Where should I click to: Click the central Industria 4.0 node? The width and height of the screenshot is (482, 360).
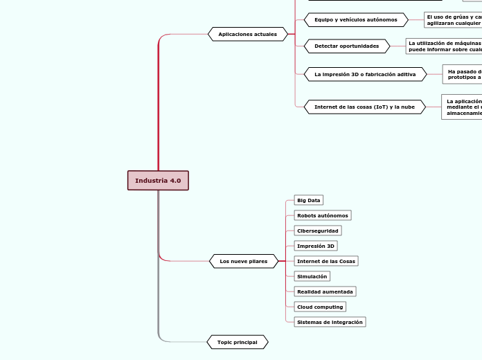(x=158, y=181)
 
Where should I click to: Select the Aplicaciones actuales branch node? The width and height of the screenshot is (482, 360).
(x=247, y=34)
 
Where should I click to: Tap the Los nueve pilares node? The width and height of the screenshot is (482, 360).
(x=243, y=261)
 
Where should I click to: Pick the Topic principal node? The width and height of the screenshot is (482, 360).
(x=237, y=342)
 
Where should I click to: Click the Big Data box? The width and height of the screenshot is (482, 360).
(x=308, y=200)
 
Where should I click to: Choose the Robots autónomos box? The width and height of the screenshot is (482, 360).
(x=322, y=215)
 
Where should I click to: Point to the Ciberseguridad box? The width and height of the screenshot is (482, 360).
(x=318, y=231)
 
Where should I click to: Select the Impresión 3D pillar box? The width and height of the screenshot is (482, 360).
(x=315, y=246)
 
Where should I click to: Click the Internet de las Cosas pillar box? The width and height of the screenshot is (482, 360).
(x=325, y=261)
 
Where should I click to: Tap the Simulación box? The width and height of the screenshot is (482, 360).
(x=312, y=276)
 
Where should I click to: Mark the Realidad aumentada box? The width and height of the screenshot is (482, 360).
(x=325, y=291)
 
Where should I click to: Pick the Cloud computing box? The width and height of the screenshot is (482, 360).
(x=319, y=307)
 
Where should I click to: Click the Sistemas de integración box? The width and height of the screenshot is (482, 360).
(x=329, y=322)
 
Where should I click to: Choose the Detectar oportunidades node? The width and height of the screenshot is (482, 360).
(x=347, y=46)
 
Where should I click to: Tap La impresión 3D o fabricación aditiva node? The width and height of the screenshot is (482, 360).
(x=365, y=74)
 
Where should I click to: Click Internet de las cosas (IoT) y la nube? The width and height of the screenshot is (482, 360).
(x=364, y=107)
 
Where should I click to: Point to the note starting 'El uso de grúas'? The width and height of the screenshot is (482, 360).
(x=454, y=19)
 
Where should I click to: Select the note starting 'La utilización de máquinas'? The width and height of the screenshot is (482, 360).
(x=444, y=46)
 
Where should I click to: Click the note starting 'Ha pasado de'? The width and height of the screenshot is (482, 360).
(x=463, y=74)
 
